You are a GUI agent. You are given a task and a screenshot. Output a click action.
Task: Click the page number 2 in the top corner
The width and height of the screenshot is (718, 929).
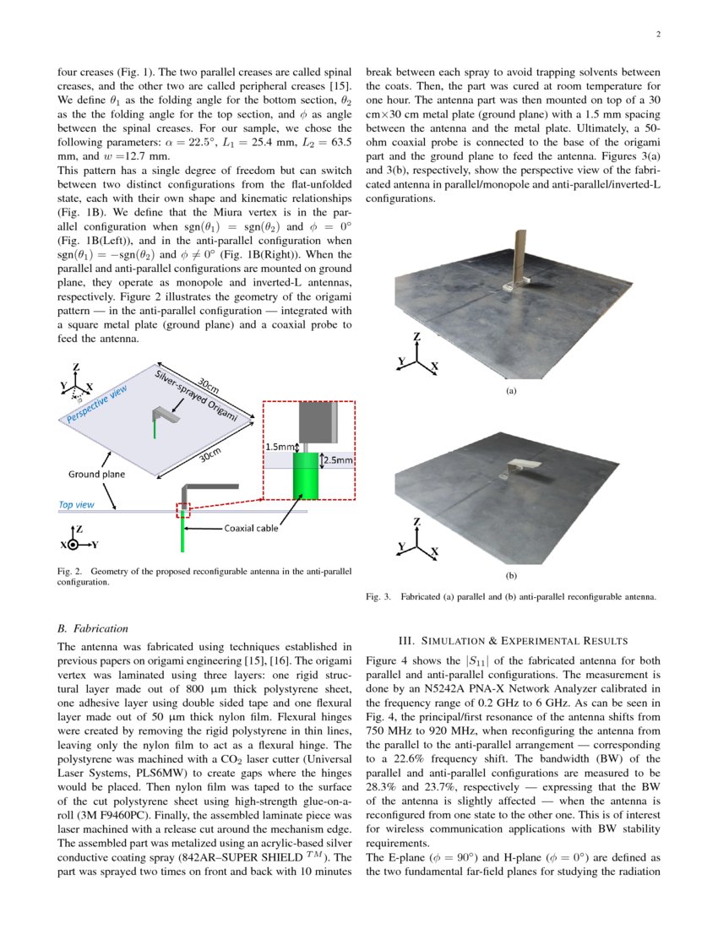pos(656,35)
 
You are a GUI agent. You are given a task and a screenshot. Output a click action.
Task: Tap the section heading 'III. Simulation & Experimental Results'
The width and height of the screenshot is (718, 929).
pos(514,639)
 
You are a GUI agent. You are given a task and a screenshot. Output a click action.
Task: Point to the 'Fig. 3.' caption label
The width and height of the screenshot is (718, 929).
pos(378,597)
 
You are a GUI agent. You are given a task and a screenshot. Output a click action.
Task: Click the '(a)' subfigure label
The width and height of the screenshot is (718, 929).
pos(510,391)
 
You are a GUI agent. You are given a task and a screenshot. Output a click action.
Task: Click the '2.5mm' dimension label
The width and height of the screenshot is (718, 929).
pos(338,461)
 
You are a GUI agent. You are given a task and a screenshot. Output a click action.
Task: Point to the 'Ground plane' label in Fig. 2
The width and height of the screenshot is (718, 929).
pos(96,474)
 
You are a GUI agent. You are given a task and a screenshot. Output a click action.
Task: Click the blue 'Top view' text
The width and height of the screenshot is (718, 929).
pos(76,505)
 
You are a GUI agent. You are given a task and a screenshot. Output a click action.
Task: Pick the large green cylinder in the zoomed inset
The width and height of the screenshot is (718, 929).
pos(305,475)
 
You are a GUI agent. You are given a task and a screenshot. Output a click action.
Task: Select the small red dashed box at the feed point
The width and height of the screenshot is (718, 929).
pos(182,510)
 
